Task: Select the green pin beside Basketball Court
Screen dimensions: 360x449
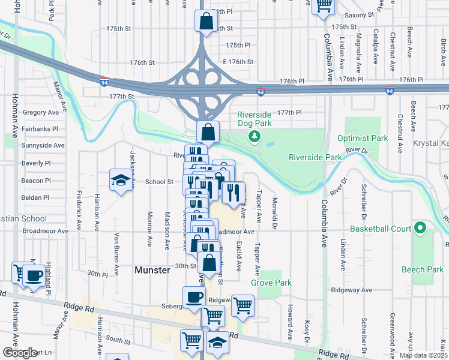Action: click(x=420, y=229)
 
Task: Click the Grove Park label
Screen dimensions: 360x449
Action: click(x=271, y=282)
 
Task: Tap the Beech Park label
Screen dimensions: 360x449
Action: click(x=423, y=270)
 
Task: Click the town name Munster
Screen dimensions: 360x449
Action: click(x=152, y=271)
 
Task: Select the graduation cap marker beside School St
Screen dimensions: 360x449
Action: click(x=120, y=179)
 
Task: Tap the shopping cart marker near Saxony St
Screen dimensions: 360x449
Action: click(x=324, y=5)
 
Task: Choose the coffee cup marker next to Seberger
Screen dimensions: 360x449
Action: click(x=194, y=297)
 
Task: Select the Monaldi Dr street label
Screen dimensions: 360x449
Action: click(x=274, y=213)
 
